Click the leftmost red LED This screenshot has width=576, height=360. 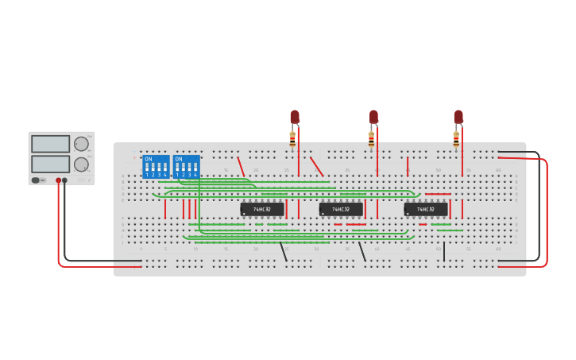point(295,117)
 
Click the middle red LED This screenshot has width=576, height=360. point(373,117)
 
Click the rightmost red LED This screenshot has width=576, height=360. point(458,117)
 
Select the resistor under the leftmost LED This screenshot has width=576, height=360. point(292,140)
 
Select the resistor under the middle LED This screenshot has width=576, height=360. point(371,140)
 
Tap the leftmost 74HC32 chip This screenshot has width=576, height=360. point(262,209)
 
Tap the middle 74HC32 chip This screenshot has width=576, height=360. point(341,209)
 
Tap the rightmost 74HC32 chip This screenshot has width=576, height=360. point(426,209)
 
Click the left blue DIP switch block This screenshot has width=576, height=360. point(156,167)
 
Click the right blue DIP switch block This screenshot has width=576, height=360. point(186,167)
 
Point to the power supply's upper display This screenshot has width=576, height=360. point(51,144)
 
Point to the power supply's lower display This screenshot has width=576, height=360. point(51,164)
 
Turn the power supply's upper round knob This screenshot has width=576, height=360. point(81,144)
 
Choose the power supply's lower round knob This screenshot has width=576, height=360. point(81,165)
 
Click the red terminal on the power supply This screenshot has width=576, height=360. point(58,180)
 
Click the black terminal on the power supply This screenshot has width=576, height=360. point(65,180)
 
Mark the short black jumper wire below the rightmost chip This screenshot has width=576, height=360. point(444,251)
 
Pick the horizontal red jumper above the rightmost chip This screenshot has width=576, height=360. point(438,194)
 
